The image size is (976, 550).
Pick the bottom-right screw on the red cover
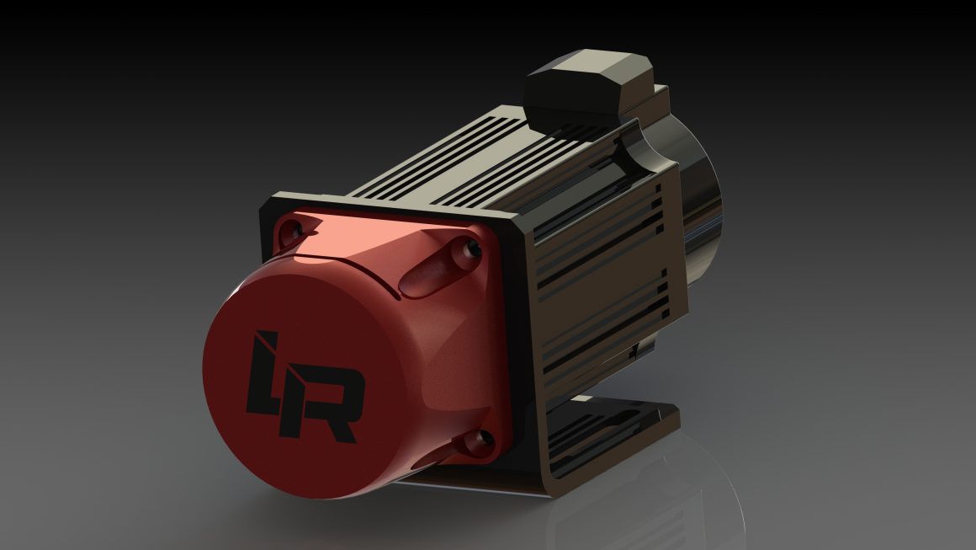click(482, 438)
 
